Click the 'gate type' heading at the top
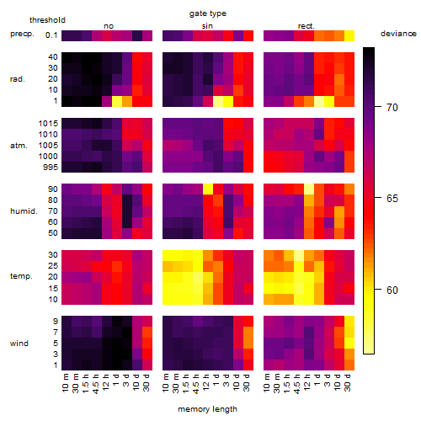(x=208, y=13)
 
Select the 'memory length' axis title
(x=207, y=409)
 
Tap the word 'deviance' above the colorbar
(x=398, y=34)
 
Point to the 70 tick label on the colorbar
(x=392, y=107)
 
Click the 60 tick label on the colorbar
(x=392, y=290)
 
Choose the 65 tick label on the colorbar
(x=392, y=199)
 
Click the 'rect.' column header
(x=306, y=26)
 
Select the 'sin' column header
(x=207, y=26)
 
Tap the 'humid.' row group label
(x=24, y=211)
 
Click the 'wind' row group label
(x=19, y=344)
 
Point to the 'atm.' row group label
(x=19, y=146)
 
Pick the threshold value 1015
(x=48, y=124)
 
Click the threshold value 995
(x=51, y=168)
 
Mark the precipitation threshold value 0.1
(x=51, y=35)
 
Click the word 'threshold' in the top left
(x=47, y=20)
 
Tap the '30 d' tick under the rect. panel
(x=348, y=382)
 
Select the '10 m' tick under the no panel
(x=65, y=383)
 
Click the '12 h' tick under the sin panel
(x=206, y=382)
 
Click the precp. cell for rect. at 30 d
(x=349, y=35)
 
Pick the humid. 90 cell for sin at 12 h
(x=208, y=189)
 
